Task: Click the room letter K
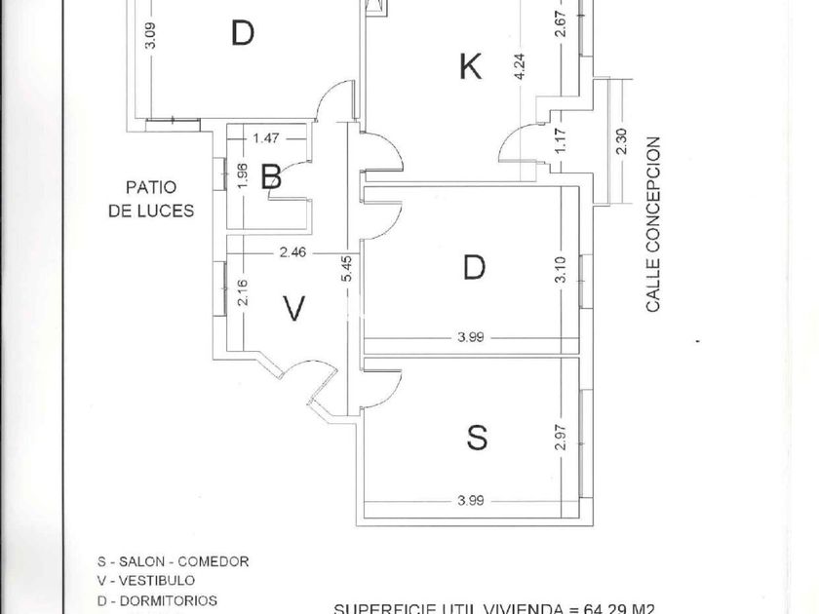tap(470, 67)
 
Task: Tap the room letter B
tap(272, 176)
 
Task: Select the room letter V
tap(293, 309)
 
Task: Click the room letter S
tap(476, 439)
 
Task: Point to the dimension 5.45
tap(346, 269)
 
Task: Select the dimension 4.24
tap(521, 66)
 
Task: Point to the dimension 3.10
tap(560, 269)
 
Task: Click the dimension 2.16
tap(243, 292)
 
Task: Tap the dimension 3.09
tap(149, 36)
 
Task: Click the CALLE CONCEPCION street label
tap(653, 224)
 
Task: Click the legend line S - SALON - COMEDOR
tap(173, 561)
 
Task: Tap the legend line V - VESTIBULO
tap(146, 581)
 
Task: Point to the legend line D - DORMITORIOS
tap(157, 600)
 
